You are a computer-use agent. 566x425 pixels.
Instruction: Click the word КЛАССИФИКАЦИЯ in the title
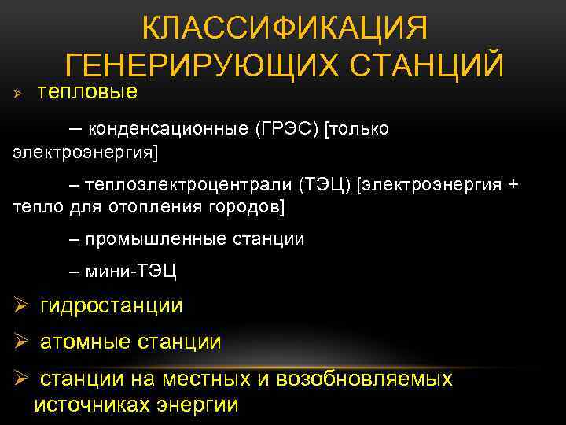click(285, 30)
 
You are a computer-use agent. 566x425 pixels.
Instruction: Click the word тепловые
click(88, 93)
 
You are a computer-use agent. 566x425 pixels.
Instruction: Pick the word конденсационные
click(165, 129)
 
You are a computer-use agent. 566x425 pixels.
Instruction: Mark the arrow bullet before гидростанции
click(20, 306)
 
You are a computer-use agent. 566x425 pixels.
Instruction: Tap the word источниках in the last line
click(90, 405)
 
